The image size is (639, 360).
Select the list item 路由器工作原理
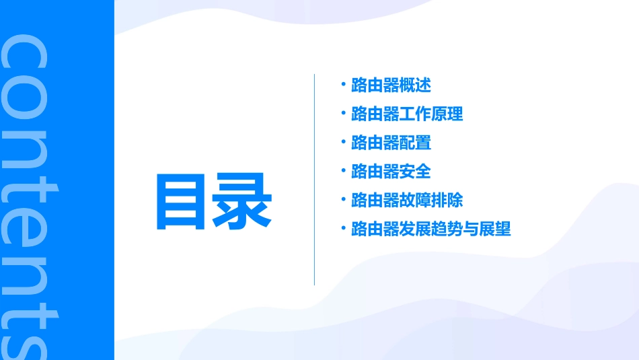(407, 114)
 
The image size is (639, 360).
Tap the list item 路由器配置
(391, 143)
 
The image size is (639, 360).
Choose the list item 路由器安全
(391, 172)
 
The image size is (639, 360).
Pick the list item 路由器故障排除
(407, 201)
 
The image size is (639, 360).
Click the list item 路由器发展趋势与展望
(431, 229)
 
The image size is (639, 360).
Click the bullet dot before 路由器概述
(343, 84)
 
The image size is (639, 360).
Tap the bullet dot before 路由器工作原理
(343, 113)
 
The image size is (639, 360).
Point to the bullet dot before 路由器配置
(343, 141)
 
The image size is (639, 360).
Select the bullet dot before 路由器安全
(343, 170)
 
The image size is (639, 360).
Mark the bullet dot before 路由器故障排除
(343, 199)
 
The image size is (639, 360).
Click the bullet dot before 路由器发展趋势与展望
(343, 228)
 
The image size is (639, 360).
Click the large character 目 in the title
(182, 201)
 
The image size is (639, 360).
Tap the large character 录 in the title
(241, 201)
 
